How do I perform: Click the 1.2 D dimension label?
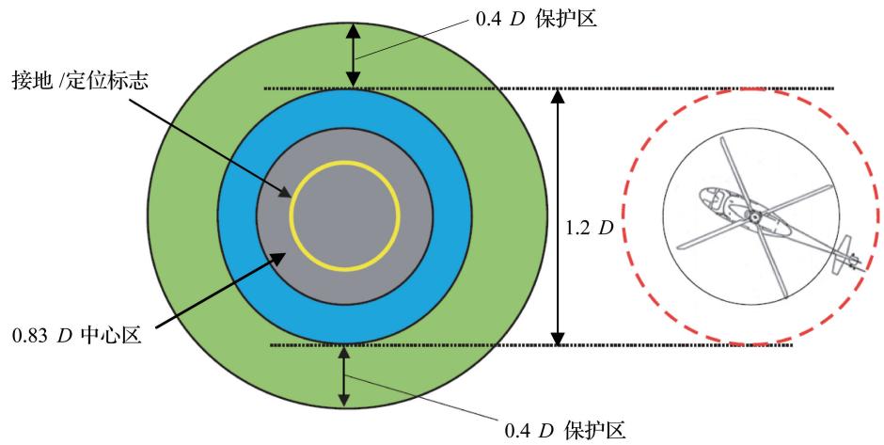point(589,229)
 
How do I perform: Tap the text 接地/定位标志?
point(81,81)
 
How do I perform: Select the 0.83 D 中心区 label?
point(77,336)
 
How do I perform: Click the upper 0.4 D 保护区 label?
point(536,19)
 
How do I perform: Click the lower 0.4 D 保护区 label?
point(565,431)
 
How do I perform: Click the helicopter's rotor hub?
point(754,215)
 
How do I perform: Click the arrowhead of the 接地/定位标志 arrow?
point(286,194)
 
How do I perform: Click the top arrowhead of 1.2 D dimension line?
point(557,97)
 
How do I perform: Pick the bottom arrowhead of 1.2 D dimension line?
point(557,337)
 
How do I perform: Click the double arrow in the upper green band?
point(354,56)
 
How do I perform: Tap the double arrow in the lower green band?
point(343,376)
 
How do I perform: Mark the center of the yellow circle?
point(345,215)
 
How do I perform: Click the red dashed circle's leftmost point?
point(622,216)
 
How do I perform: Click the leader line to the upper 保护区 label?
point(412,39)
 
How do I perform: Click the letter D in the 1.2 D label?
point(606,229)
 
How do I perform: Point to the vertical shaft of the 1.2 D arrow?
point(557,217)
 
